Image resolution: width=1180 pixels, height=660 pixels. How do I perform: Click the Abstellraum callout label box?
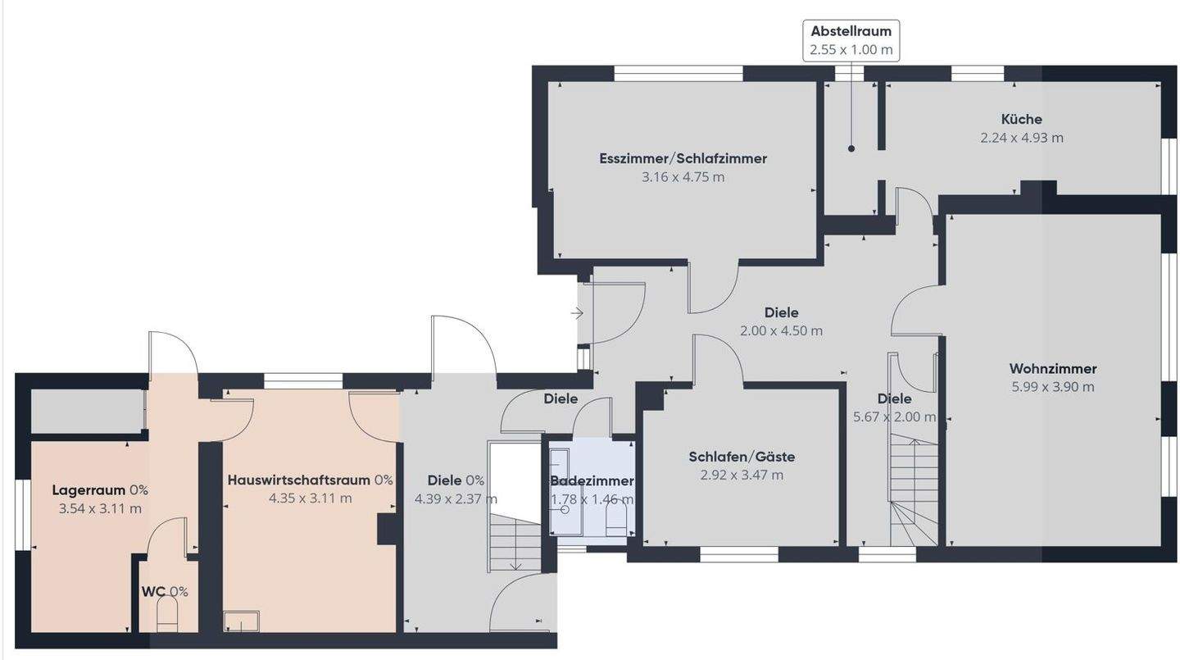(851, 41)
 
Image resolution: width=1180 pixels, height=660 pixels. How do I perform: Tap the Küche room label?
(1021, 119)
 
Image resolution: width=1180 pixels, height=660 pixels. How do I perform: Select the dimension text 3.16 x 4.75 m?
(683, 177)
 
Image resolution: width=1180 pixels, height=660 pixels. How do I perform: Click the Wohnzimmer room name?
(1052, 368)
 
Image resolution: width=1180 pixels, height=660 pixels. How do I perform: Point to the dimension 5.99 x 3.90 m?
(1052, 387)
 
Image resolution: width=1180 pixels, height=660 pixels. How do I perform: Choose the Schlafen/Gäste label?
(742, 457)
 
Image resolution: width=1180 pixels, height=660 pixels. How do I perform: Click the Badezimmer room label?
(592, 480)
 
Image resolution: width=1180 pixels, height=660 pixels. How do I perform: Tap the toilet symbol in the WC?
(168, 613)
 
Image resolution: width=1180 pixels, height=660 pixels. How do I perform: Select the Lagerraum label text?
(88, 490)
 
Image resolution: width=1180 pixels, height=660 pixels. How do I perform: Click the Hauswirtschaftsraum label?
(298, 480)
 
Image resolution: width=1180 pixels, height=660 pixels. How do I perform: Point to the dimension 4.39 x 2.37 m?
(456, 498)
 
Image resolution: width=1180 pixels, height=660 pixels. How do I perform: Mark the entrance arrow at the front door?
(578, 314)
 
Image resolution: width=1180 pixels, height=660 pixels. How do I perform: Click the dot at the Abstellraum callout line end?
(851, 149)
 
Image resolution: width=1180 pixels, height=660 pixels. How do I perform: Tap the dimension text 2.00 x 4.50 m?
(781, 331)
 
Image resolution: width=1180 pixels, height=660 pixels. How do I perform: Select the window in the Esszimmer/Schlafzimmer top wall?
(678, 73)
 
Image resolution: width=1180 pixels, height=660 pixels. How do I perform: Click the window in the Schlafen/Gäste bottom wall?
(738, 554)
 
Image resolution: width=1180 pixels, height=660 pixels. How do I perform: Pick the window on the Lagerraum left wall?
(23, 515)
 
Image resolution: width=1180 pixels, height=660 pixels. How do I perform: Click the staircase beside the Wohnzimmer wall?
(914, 490)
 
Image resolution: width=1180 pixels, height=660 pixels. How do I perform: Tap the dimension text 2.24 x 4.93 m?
(1021, 138)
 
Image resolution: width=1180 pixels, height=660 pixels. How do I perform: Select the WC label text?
(153, 591)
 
